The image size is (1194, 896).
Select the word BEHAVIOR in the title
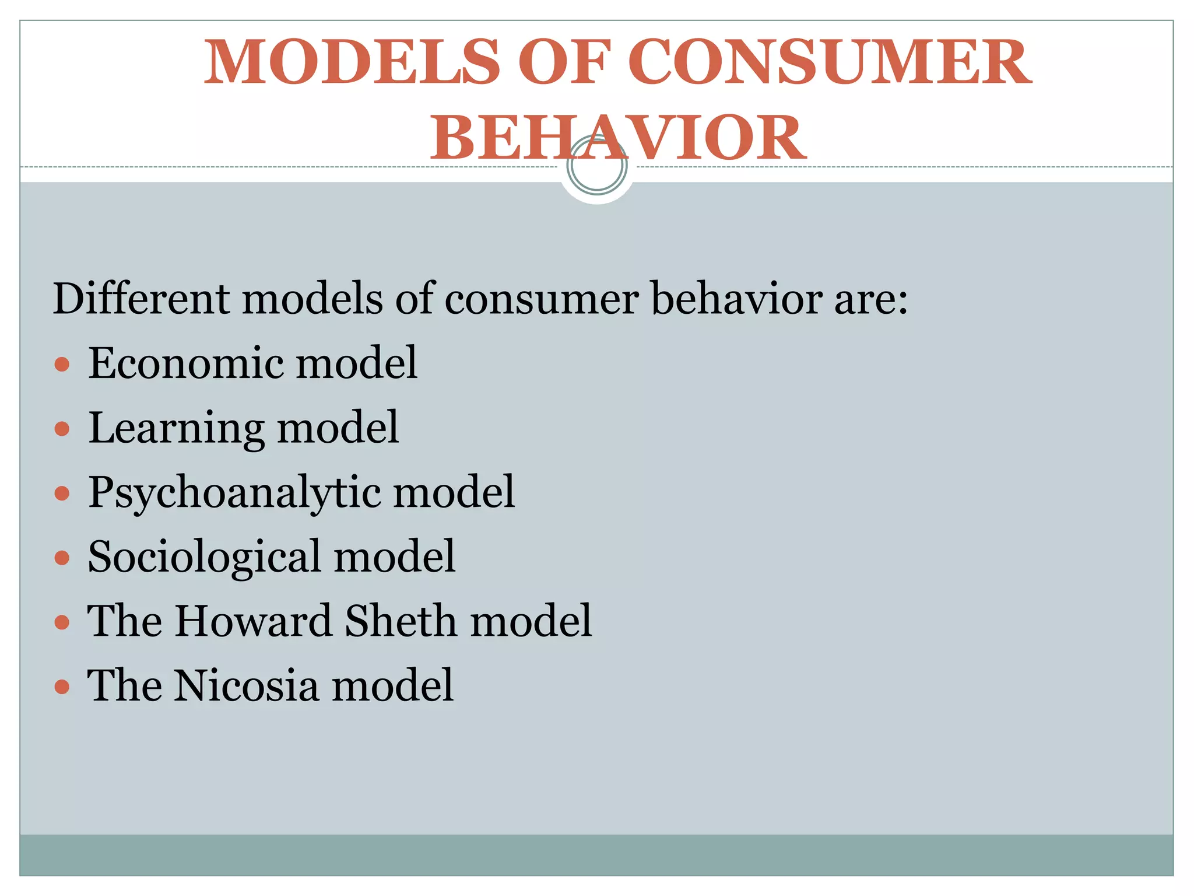pos(618,138)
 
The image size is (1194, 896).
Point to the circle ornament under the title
pos(596,166)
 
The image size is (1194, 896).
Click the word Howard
pos(254,621)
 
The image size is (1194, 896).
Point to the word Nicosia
pos(245,685)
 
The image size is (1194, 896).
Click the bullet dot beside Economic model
pos(62,365)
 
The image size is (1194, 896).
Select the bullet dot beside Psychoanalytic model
pos(62,494)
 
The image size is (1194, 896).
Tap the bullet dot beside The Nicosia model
pos(62,687)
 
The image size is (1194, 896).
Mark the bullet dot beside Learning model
pos(62,430)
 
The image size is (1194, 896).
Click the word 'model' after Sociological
pos(394,556)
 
